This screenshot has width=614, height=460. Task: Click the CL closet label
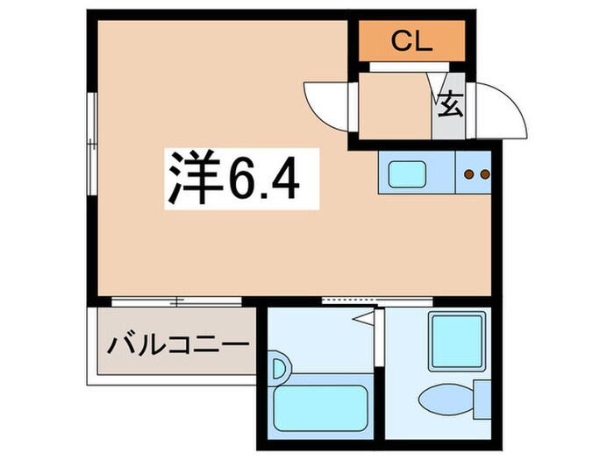411,40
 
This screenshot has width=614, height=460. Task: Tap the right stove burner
482,174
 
